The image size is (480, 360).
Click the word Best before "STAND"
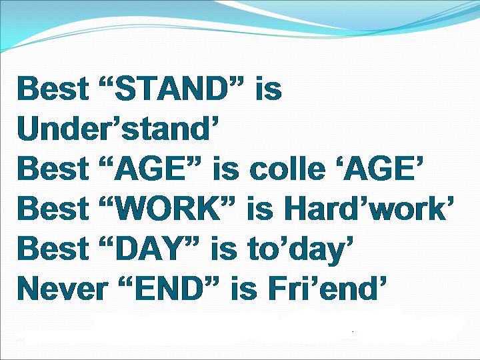click(x=53, y=88)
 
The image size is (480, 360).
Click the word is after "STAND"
click(x=269, y=88)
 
